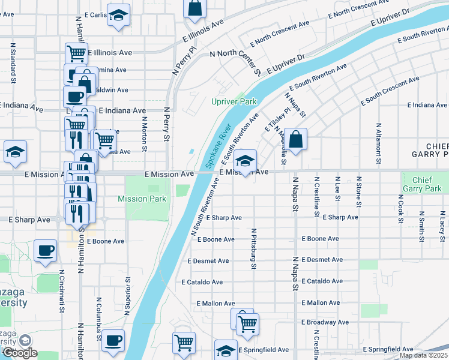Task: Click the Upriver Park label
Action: pyautogui.click(x=234, y=101)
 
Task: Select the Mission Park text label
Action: pyautogui.click(x=142, y=199)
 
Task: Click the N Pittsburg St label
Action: pyautogui.click(x=254, y=248)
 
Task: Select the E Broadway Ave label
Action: pyautogui.click(x=325, y=322)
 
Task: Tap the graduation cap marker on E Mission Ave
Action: pyautogui.click(x=245, y=161)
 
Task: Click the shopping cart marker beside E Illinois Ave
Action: pyautogui.click(x=76, y=53)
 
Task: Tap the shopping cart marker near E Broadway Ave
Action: pyautogui.click(x=247, y=324)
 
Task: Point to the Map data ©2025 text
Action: pyautogui.click(x=423, y=355)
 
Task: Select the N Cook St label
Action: pyautogui.click(x=400, y=208)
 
